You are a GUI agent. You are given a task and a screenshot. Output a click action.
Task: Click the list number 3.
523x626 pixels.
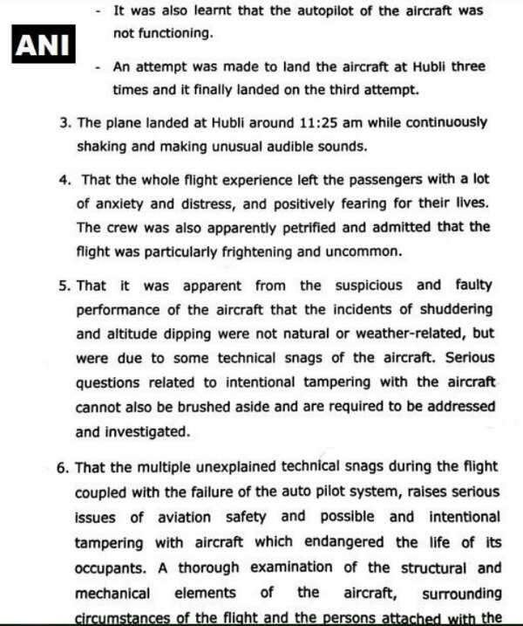tap(64, 123)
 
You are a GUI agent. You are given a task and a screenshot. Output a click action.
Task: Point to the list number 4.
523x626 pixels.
tap(64, 180)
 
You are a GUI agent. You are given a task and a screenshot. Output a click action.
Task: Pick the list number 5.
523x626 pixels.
tap(64, 285)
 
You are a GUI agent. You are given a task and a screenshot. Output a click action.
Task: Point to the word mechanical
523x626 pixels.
tap(112, 592)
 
